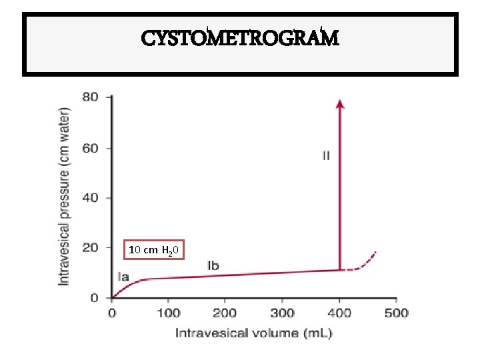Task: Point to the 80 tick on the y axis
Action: [90, 97]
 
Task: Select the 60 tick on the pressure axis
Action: [90, 148]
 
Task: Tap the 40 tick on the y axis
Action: [90, 198]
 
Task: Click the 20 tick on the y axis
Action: [90, 248]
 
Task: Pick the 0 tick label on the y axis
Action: [94, 298]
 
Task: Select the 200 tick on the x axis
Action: [225, 313]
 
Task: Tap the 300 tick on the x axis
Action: [283, 313]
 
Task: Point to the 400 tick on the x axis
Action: [340, 313]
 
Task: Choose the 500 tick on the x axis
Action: [397, 313]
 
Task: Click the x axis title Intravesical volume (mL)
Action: [253, 332]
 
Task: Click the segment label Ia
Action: [124, 276]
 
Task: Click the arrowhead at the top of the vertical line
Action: [340, 103]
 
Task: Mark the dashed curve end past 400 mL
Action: [375, 253]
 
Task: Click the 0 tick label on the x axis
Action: [111, 313]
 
